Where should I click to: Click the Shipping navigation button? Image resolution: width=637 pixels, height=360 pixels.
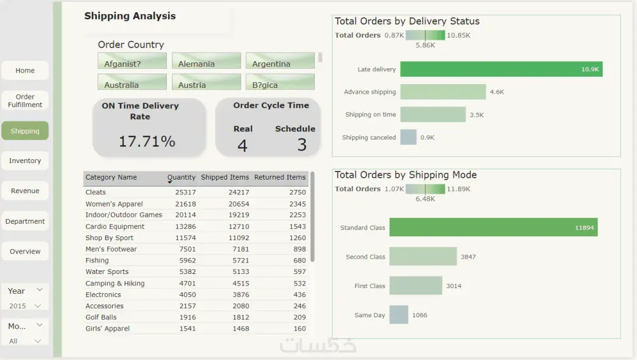pyautogui.click(x=25, y=131)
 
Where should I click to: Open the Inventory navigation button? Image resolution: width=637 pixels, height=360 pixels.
pyautogui.click(x=25, y=161)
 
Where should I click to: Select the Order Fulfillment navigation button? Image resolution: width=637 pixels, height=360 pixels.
pyautogui.click(x=25, y=101)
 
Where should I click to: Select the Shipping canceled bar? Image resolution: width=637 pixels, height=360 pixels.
pyautogui.click(x=408, y=138)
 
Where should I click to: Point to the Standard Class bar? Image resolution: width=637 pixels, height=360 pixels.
pyautogui.click(x=493, y=227)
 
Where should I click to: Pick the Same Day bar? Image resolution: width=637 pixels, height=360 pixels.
pyautogui.click(x=399, y=315)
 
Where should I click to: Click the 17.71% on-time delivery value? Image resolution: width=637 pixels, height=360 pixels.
pyautogui.click(x=147, y=141)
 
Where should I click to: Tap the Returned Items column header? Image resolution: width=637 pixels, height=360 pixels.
pyautogui.click(x=280, y=178)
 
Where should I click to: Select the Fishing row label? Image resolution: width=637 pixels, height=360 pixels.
pyautogui.click(x=97, y=261)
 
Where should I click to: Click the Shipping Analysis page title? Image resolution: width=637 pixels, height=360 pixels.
pyautogui.click(x=130, y=17)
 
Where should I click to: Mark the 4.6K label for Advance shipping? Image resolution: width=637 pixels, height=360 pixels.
pyautogui.click(x=497, y=92)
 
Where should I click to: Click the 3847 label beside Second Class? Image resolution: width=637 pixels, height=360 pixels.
pyautogui.click(x=468, y=257)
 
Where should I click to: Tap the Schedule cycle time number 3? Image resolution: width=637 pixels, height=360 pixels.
pyautogui.click(x=301, y=145)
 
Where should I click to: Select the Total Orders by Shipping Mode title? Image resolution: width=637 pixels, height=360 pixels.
pyautogui.click(x=406, y=175)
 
